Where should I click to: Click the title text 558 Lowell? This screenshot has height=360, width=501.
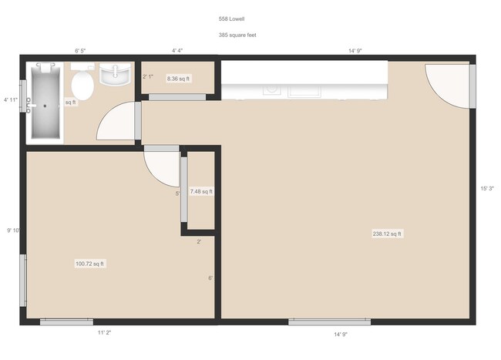[231, 19]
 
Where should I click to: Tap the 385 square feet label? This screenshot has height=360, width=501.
[237, 35]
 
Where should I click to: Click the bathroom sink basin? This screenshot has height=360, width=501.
[115, 74]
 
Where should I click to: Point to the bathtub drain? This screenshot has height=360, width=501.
[45, 106]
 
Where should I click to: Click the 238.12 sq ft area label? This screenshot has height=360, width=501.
[387, 234]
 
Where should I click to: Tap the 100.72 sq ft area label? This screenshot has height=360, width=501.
[89, 264]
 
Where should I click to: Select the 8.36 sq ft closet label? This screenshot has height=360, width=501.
[178, 79]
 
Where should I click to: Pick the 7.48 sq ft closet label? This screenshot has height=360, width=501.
[201, 191]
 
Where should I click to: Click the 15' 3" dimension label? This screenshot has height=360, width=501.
[487, 188]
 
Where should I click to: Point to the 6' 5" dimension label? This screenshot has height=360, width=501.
[80, 51]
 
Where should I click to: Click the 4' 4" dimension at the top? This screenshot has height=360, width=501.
[177, 50]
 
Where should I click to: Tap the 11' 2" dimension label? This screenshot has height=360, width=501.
[105, 332]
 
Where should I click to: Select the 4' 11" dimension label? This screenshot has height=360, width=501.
[11, 99]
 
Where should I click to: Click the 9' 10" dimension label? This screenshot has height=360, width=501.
[14, 230]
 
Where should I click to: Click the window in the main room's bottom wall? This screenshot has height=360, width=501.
[329, 322]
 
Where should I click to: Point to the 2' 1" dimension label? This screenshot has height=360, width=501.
[148, 76]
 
